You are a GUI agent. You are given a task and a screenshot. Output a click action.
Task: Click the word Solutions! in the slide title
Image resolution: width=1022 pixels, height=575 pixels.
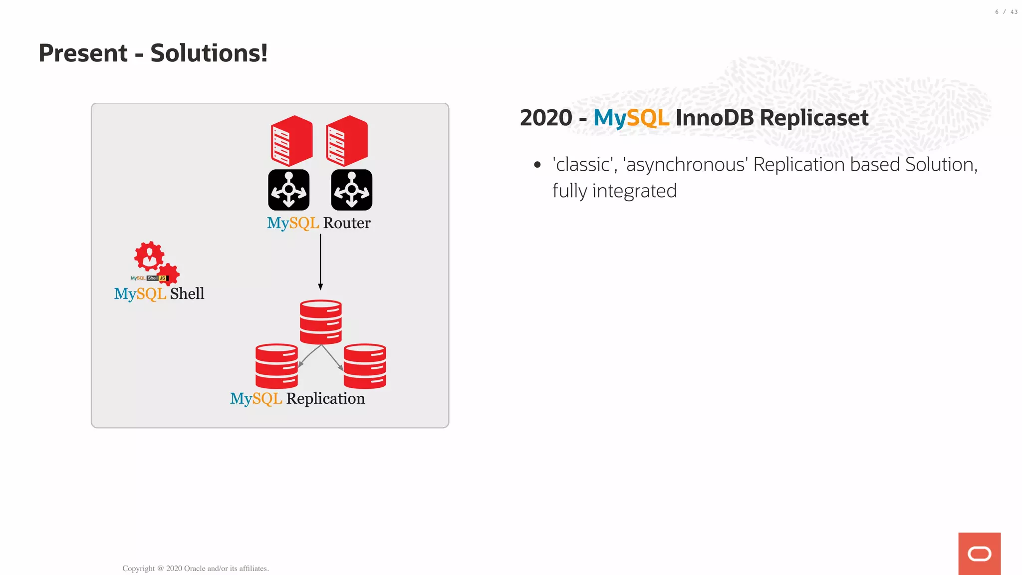point(209,53)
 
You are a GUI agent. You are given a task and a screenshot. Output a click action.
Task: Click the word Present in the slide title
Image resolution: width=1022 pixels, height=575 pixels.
point(83,53)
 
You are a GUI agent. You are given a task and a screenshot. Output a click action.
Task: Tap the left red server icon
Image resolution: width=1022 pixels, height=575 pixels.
point(291,141)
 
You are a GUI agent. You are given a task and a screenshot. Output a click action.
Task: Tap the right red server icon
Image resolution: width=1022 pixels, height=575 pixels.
point(347,141)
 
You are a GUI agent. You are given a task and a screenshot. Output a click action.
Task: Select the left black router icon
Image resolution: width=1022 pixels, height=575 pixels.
point(288,190)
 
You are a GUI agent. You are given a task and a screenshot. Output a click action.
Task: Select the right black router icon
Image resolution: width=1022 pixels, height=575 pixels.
point(351,190)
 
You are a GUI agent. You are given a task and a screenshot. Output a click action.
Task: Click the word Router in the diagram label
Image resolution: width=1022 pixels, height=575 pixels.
point(346,223)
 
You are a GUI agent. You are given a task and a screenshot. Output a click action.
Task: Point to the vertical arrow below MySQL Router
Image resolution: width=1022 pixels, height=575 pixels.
point(320,262)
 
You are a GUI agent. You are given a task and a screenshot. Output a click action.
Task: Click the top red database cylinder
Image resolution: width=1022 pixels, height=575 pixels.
point(320,321)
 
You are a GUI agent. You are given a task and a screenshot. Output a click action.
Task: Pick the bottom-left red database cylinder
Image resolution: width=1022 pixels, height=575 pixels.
point(276,366)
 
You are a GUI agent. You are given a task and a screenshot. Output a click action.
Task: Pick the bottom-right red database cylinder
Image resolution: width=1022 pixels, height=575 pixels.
point(365,366)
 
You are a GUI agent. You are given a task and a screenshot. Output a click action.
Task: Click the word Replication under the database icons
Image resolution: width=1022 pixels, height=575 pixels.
point(325,398)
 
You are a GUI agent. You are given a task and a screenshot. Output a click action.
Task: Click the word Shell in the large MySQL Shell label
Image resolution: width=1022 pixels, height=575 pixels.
point(187,293)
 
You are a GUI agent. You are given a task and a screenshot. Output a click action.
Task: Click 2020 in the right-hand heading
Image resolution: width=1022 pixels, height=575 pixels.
point(546,118)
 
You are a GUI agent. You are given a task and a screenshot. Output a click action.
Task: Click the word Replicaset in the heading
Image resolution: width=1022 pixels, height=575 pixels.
point(814,118)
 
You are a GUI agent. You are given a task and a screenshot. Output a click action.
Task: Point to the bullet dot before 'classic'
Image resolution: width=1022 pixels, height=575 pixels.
point(537,165)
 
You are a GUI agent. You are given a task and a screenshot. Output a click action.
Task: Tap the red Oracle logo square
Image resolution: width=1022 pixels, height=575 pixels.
point(979,553)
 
